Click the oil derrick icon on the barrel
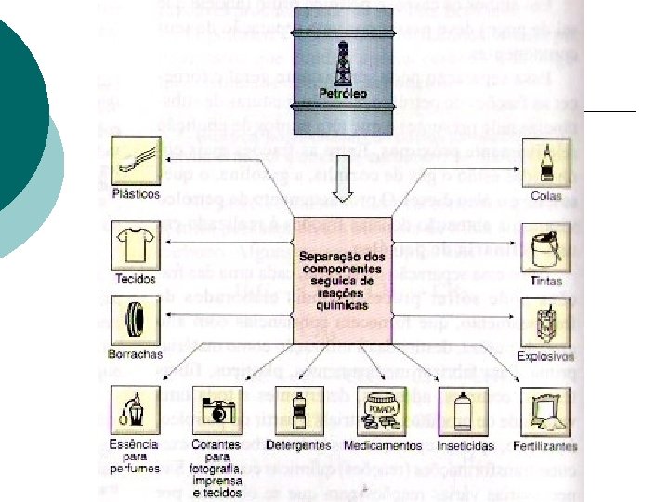coord(342,64)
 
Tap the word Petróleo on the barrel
coord(343,93)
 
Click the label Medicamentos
coord(381,446)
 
